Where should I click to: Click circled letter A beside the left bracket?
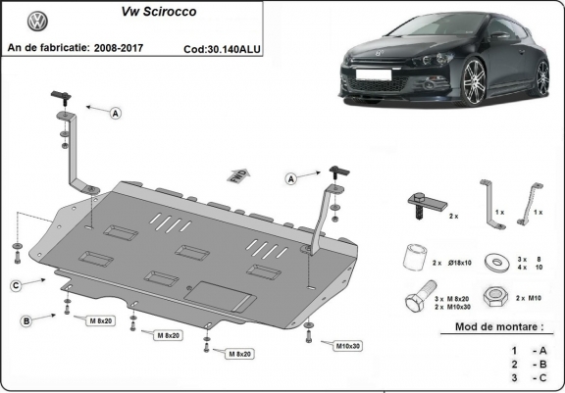pyautogui.click(x=115, y=114)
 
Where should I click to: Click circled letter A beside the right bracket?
pyautogui.click(x=291, y=178)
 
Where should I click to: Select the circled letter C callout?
pyautogui.click(x=17, y=285)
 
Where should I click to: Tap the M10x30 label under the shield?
pyautogui.click(x=348, y=345)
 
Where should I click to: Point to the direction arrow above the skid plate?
pyautogui.click(x=237, y=175)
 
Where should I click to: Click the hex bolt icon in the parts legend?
pyautogui.click(x=414, y=299)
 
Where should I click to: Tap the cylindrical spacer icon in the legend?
pyautogui.click(x=414, y=259)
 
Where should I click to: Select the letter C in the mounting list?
pyautogui.click(x=539, y=377)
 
